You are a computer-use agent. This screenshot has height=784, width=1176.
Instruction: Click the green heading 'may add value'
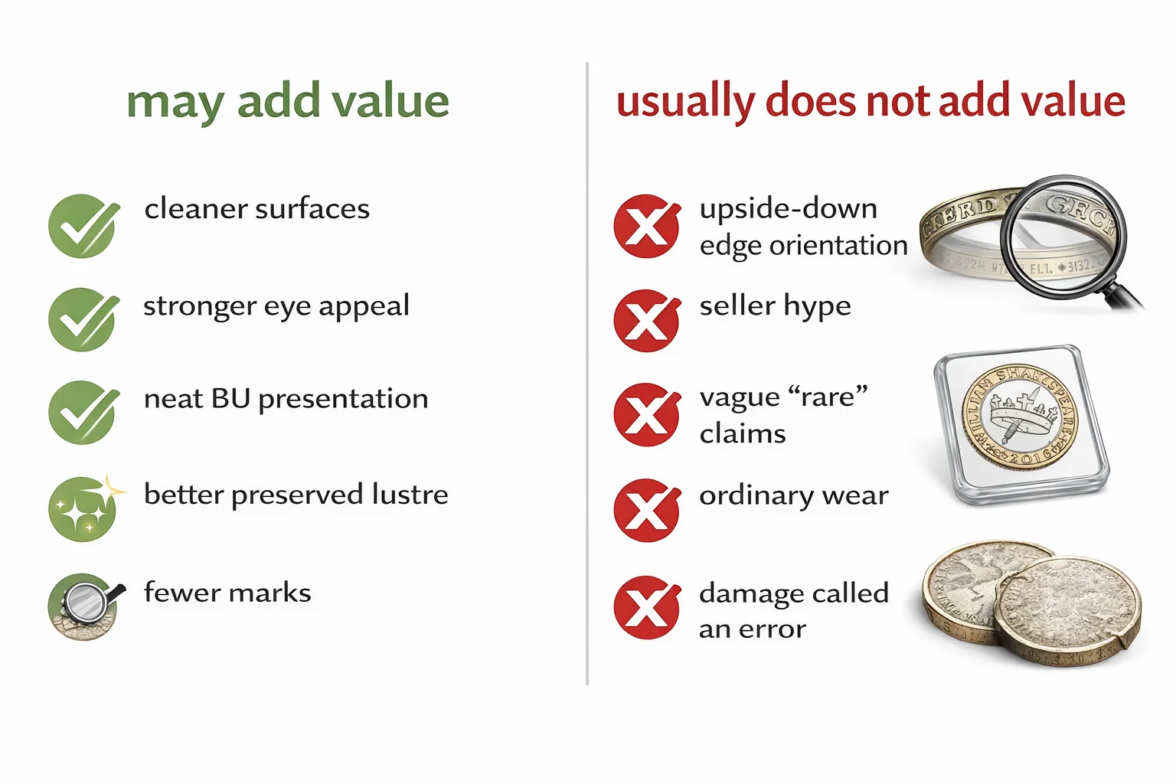click(x=288, y=102)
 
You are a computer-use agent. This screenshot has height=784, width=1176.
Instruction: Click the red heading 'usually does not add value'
click(x=871, y=102)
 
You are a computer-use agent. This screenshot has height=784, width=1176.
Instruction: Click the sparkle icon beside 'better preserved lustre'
click(x=83, y=508)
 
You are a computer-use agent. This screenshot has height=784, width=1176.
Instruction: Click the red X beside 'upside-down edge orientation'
click(x=646, y=226)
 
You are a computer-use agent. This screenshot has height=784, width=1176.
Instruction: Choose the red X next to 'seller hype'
click(x=646, y=320)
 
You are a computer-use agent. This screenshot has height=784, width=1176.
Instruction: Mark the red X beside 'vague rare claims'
click(x=646, y=414)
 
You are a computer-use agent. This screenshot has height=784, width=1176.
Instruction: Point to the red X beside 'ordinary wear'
click(x=646, y=510)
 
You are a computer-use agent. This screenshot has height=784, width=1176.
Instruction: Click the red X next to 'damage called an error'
click(x=646, y=607)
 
